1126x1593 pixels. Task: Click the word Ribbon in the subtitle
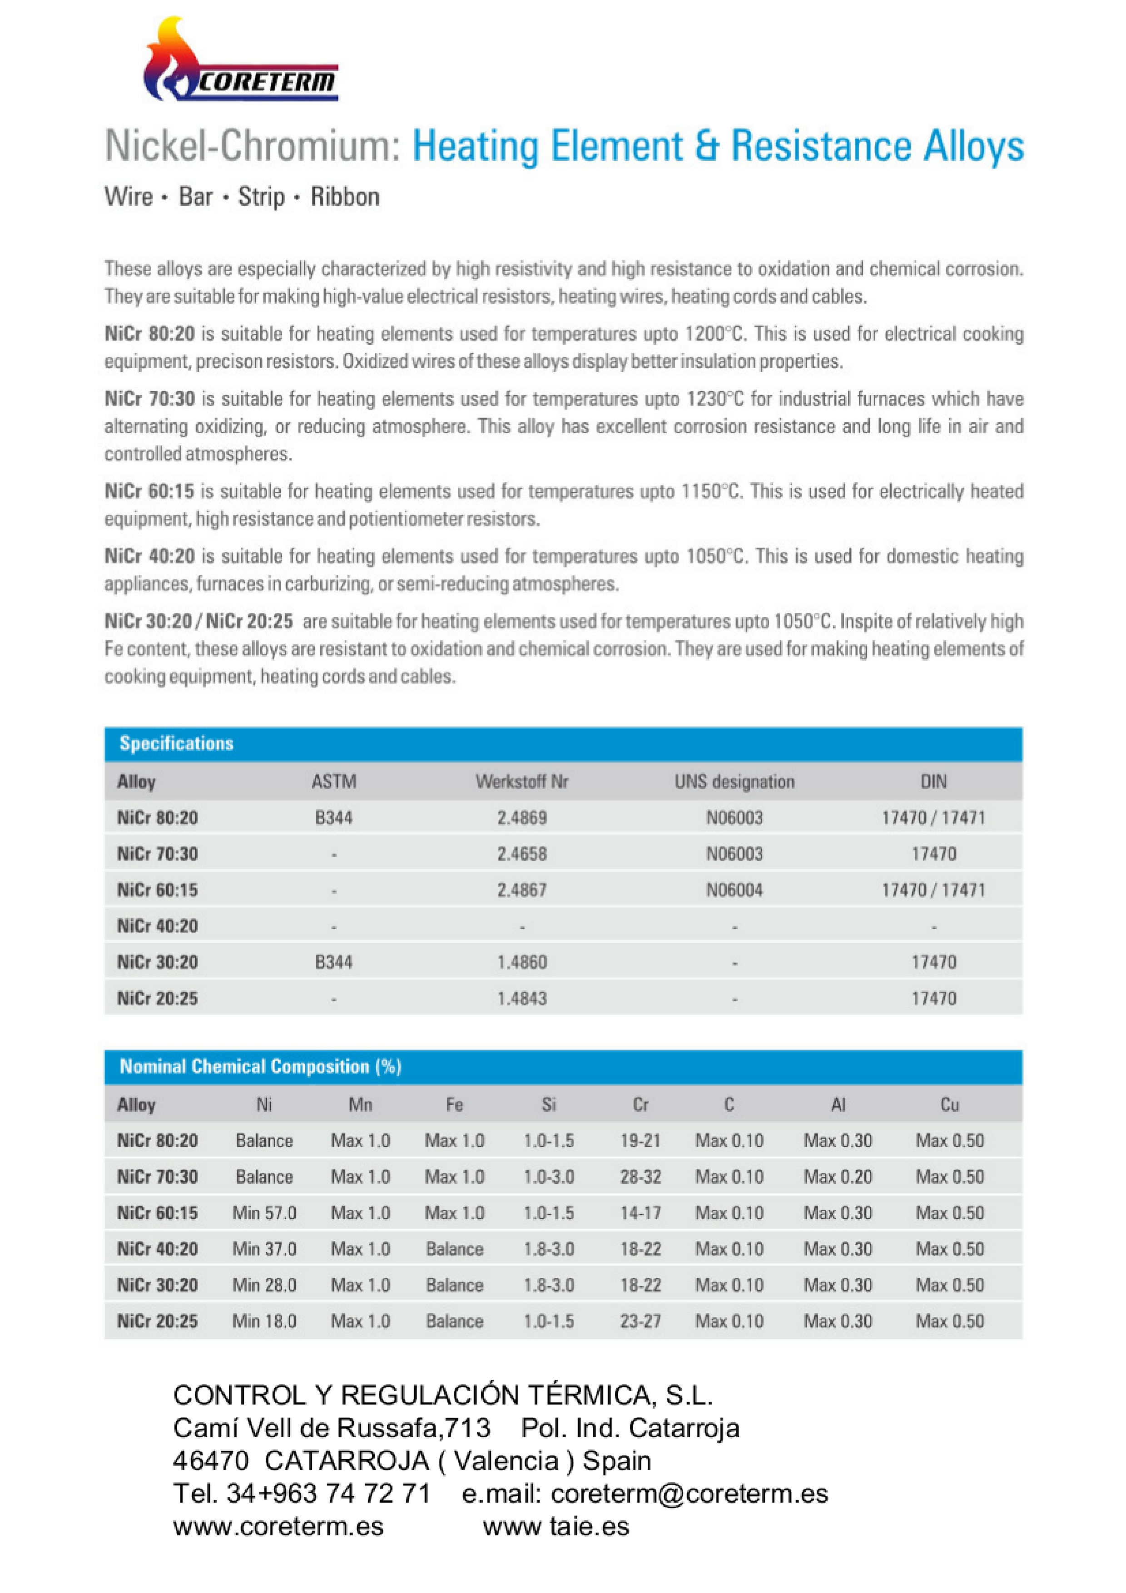tap(345, 197)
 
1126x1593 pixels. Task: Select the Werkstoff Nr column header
tap(522, 782)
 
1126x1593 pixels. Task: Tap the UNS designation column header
tap(734, 782)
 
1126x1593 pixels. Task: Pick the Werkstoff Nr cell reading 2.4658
tap(522, 854)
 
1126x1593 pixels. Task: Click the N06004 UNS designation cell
tap(734, 890)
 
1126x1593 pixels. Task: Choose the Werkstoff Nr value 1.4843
tap(522, 999)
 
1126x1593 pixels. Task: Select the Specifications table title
tap(176, 744)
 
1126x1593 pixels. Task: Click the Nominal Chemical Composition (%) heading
tap(260, 1066)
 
